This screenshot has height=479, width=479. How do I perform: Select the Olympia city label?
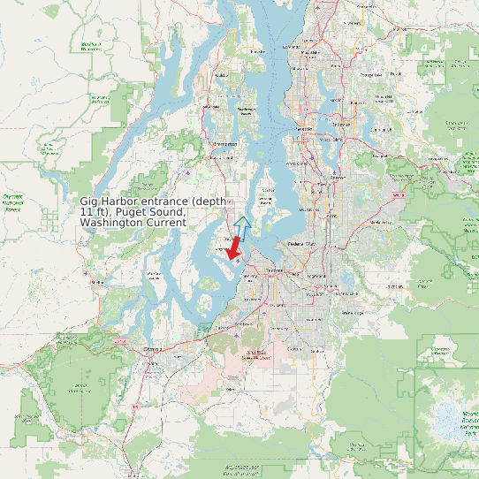click(154, 348)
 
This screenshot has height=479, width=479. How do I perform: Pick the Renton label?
click(335, 178)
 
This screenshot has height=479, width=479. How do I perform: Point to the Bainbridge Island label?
click(247, 111)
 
